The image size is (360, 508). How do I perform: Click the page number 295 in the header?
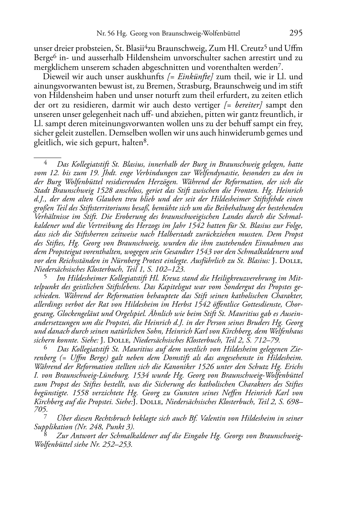tap(296, 33)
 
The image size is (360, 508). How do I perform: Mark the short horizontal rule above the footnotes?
tap(47, 157)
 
